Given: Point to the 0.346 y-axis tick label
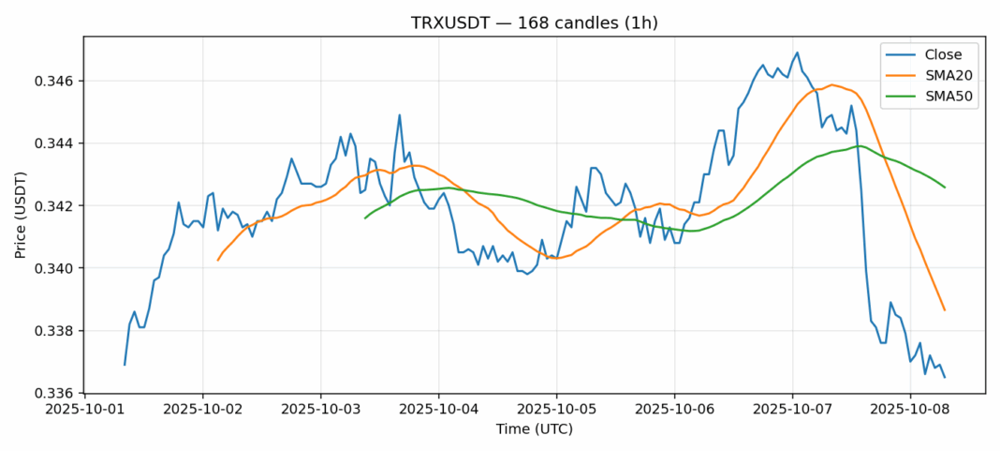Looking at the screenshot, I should click(55, 82).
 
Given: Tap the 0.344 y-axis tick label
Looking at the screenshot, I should click(55, 143).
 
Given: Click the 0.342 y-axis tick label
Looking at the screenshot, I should click(55, 206).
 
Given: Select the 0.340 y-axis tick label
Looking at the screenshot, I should click(55, 268).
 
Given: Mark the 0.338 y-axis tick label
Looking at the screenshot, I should click(55, 331).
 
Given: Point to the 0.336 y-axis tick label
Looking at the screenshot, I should click(55, 394).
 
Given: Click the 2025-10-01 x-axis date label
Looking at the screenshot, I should click(85, 410).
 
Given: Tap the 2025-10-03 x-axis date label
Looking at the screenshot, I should click(321, 410).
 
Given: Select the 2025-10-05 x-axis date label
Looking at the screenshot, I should click(557, 410).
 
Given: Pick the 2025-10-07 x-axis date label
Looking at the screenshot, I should click(792, 410).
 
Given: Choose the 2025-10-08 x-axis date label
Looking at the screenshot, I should click(910, 410).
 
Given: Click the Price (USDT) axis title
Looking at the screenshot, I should click(22, 215).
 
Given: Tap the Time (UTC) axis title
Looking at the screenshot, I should click(535, 429).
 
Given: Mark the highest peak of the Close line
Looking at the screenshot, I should click(797, 53).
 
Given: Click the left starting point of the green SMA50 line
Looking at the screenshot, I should click(365, 218).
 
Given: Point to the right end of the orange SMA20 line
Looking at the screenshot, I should click(945, 310).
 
